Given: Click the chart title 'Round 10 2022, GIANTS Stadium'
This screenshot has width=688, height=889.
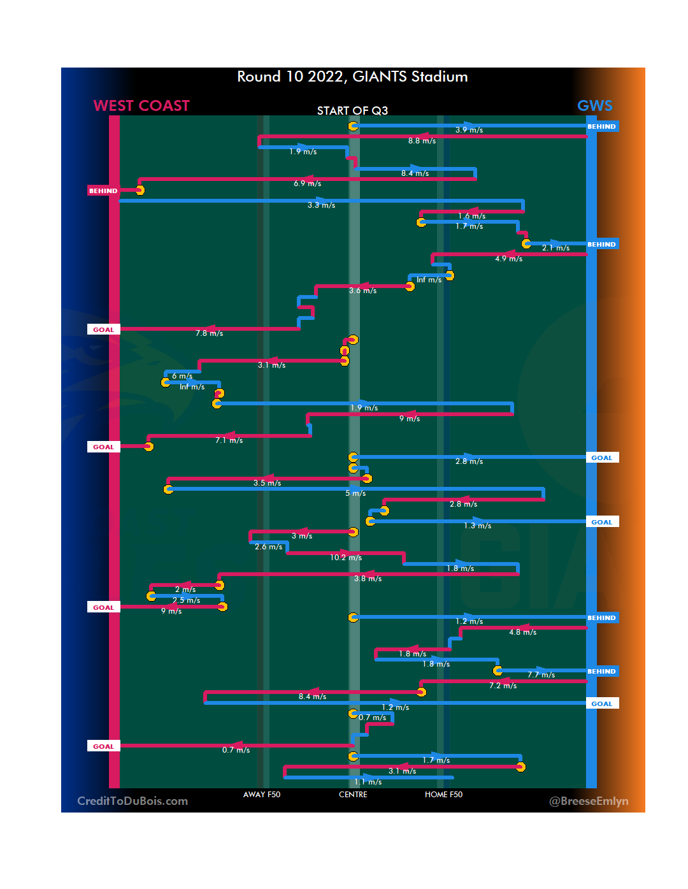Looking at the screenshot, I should [352, 77].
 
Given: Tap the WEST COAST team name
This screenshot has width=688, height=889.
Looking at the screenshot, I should [141, 106].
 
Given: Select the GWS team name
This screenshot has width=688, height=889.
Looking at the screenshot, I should [594, 106].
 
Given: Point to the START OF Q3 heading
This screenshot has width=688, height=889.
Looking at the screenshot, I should [352, 111].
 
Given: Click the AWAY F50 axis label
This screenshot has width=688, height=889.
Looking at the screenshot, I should [261, 795].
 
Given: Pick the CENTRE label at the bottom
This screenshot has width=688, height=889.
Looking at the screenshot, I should [353, 795].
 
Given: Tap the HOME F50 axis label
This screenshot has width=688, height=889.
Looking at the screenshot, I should [443, 795].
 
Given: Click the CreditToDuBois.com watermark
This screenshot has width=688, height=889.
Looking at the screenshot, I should [133, 801].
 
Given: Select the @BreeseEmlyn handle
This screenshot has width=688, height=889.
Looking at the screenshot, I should [589, 801].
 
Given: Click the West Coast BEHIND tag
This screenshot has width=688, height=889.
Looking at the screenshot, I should [103, 191].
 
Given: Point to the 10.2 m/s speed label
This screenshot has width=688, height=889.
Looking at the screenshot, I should [346, 558].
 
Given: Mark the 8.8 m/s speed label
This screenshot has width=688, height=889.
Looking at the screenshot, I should [422, 141].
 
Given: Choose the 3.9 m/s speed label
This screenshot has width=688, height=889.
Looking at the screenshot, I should [469, 130].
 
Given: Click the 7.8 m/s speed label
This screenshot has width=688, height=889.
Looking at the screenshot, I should [210, 333].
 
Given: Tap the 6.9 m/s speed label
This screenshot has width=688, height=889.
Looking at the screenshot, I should [307, 184].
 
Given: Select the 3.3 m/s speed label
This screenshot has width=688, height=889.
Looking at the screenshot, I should [321, 205].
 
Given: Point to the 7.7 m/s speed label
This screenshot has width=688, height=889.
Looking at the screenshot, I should [541, 675].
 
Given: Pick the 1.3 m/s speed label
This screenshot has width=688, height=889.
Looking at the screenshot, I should [478, 526].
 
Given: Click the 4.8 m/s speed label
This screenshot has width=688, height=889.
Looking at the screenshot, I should [522, 632].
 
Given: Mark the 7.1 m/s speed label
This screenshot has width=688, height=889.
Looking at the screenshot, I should [229, 440].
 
